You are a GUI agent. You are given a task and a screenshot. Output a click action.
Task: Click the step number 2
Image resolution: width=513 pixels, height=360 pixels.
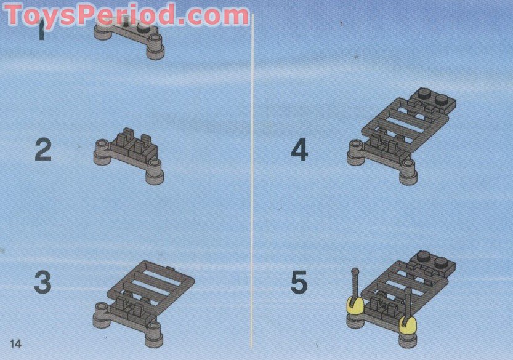[43, 150]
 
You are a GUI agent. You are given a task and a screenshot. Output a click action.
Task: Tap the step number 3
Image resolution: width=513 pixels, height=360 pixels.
[43, 282]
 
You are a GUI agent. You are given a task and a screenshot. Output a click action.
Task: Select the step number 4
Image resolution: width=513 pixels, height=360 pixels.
[299, 150]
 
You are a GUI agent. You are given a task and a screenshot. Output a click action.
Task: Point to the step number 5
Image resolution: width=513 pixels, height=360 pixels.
[299, 282]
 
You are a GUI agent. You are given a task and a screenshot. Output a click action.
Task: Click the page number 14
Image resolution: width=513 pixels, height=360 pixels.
[16, 343]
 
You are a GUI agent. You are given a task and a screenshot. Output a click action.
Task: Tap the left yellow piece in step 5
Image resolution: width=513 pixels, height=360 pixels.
[355, 306]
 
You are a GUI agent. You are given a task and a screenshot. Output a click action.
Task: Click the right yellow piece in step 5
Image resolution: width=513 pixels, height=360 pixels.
[408, 324]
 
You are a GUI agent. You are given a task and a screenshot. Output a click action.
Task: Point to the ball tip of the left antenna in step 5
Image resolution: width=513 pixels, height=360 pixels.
[355, 271]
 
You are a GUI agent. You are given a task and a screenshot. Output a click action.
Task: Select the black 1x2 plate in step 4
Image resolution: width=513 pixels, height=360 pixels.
[433, 100]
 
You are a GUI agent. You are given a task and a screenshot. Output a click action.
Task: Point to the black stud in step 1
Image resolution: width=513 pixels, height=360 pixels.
[143, 29]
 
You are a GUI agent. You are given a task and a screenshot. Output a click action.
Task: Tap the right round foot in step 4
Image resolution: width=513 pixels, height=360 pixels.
[408, 172]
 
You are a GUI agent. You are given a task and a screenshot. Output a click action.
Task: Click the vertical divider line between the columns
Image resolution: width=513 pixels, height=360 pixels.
[252, 180]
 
